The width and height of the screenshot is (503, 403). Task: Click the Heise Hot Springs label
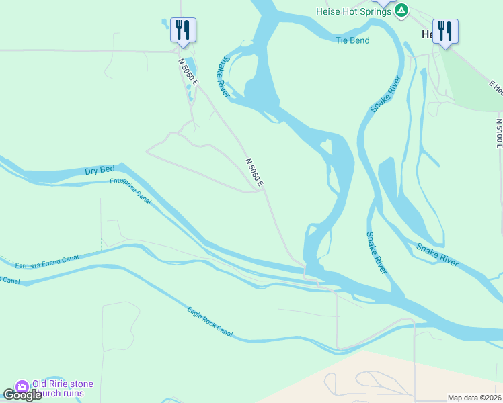tap(354, 11)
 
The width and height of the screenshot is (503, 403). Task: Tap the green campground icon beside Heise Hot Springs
tap(401, 10)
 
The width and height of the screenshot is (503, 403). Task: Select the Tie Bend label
tap(352, 40)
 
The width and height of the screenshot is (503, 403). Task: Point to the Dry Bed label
tap(101, 171)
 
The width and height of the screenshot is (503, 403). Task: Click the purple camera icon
tap(22, 386)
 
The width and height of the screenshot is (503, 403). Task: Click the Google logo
tap(22, 395)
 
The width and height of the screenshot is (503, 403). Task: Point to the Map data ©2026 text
tap(475, 398)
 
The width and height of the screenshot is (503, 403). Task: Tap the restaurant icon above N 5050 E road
tap(183, 30)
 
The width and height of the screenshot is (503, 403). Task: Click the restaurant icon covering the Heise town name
tap(445, 30)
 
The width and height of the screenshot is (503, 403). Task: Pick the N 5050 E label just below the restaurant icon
tap(189, 72)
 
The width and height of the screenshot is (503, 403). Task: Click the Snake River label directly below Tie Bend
tap(385, 94)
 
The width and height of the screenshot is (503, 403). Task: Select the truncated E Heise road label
tap(496, 87)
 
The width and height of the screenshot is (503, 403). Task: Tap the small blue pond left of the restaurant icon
tap(165, 25)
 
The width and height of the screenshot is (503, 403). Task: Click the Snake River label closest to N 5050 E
tap(223, 76)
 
